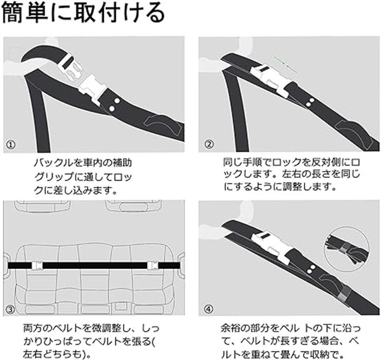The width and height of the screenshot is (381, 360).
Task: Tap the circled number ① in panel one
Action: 10,145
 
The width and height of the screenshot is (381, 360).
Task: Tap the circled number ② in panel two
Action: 209,144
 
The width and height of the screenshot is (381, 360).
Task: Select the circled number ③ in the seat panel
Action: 10,309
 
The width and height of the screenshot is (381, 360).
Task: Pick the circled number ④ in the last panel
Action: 209,309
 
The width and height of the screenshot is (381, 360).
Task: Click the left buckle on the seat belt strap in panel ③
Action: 38,265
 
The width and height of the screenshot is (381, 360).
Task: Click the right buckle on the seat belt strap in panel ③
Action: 153,265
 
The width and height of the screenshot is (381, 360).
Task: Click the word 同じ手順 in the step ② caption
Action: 242,162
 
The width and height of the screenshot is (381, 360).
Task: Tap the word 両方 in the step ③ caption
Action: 32,329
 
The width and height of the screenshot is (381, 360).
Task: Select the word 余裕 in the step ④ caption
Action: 231,329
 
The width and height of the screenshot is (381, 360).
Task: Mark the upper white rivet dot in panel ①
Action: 117,100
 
